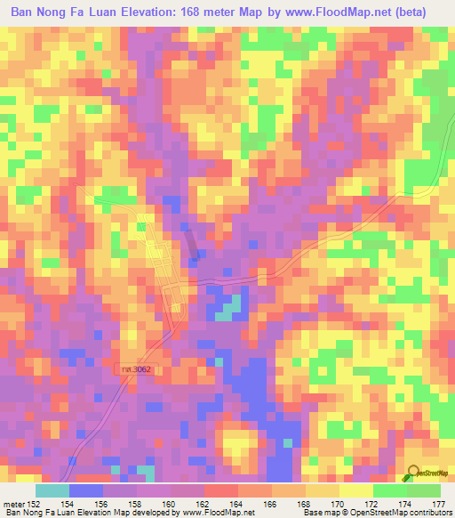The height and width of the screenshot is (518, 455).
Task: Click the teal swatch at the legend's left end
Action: pos(52,491)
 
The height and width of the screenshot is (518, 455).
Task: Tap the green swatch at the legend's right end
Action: pos(423,491)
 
